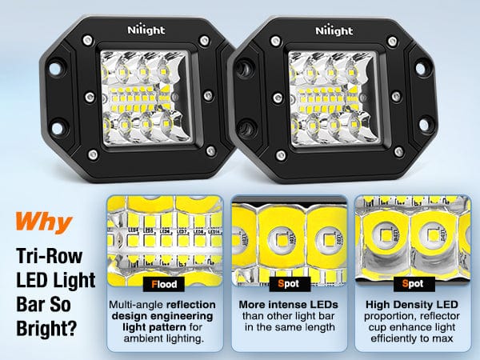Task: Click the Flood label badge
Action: click(164, 283)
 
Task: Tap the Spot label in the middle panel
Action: click(288, 283)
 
